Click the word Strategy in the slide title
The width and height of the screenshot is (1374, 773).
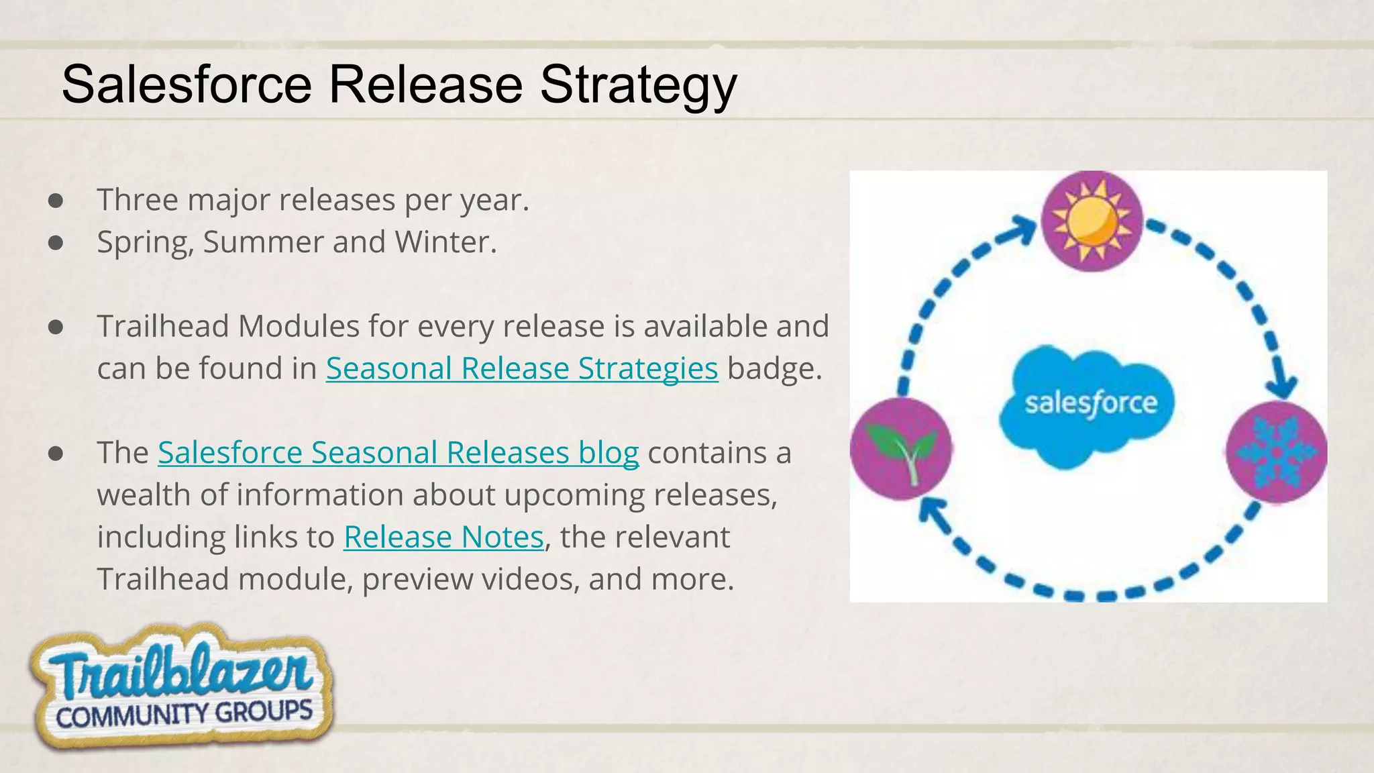pyautogui.click(x=638, y=86)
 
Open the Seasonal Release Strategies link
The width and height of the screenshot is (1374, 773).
pyautogui.click(x=522, y=368)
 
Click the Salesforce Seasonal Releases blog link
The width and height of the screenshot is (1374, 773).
pyautogui.click(x=398, y=453)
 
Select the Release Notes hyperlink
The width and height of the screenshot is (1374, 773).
pyautogui.click(x=443, y=537)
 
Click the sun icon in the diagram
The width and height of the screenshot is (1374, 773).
pyautogui.click(x=1092, y=221)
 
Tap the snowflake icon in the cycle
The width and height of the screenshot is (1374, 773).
pyautogui.click(x=1276, y=452)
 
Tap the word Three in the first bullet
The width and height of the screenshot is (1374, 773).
pyautogui.click(x=138, y=200)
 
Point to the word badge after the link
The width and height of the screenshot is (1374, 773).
pyautogui.click(x=774, y=368)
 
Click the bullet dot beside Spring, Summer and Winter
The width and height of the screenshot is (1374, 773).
pyautogui.click(x=56, y=243)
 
